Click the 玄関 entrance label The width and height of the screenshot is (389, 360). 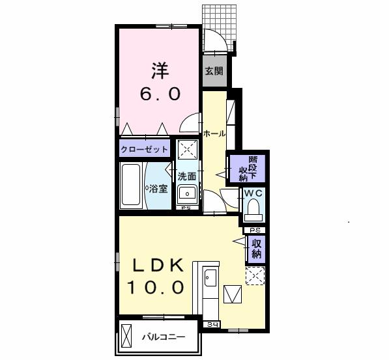(214, 72)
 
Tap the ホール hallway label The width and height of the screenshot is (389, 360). (214, 134)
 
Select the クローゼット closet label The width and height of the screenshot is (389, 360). (144, 150)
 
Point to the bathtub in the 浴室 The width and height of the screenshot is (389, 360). (130, 185)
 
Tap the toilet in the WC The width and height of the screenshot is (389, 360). (253, 210)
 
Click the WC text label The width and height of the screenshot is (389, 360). (253, 193)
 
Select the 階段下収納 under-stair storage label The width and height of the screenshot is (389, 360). (248, 169)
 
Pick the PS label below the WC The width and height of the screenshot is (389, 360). (255, 230)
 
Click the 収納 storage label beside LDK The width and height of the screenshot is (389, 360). (257, 249)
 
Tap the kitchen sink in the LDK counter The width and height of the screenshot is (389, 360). (210, 277)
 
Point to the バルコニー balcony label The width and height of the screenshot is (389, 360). (164, 337)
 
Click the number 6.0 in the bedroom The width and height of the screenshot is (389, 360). (160, 94)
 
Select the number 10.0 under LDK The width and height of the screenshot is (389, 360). (156, 287)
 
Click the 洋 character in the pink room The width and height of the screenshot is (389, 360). (160, 71)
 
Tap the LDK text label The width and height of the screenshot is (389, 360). (158, 265)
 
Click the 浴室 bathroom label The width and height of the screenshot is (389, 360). (158, 189)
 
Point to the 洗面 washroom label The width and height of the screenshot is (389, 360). (187, 176)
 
